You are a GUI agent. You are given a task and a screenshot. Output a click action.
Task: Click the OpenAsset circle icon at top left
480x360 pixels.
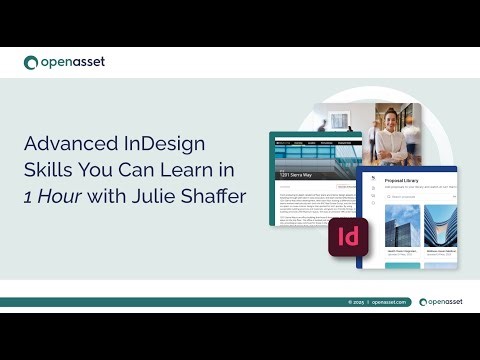tap(32, 63)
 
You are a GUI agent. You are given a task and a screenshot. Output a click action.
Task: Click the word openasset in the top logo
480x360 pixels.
tap(72, 63)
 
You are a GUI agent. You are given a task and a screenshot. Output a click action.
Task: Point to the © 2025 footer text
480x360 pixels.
tap(355, 301)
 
